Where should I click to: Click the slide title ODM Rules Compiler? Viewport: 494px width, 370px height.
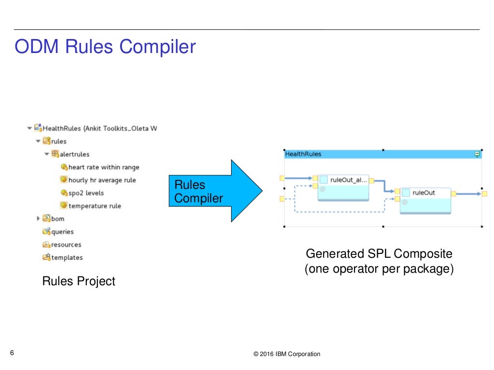point(105,47)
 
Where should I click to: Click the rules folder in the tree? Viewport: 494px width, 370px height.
point(58,141)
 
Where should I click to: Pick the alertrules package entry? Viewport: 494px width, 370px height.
point(74,154)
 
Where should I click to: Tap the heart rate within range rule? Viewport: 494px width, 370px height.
point(103,167)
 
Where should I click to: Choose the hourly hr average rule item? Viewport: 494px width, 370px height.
point(102,180)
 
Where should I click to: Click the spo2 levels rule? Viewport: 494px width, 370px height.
point(85,193)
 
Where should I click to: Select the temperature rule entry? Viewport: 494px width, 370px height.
point(94,206)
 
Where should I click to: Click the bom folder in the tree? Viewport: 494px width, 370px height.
point(57,219)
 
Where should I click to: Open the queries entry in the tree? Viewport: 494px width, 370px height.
point(62,232)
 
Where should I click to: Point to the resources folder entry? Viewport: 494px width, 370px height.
point(66,245)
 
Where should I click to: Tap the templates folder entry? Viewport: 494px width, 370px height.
point(67,258)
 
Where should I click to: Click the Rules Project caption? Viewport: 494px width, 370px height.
point(79,281)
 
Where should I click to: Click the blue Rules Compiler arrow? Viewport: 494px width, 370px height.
point(212,191)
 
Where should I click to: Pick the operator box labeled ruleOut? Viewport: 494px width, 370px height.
point(425,200)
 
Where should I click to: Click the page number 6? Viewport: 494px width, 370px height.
point(12,353)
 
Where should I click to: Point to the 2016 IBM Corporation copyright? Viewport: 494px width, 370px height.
point(287,354)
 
